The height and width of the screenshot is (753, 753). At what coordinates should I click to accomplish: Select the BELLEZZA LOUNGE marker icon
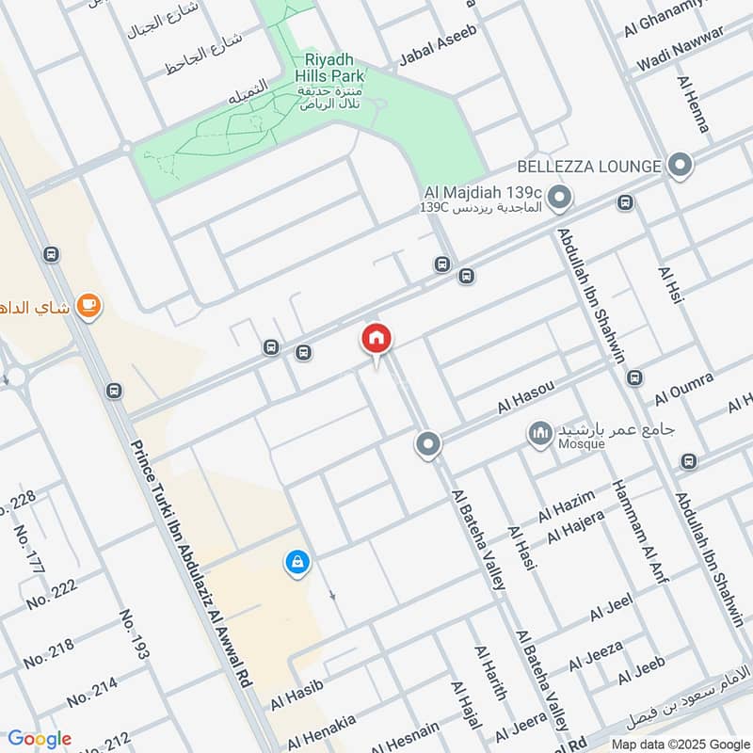(680, 167)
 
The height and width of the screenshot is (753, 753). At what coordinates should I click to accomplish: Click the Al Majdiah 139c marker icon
(560, 198)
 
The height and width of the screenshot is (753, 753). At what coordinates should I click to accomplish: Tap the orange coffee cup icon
(89, 306)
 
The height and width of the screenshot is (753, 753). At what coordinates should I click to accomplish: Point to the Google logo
(40, 739)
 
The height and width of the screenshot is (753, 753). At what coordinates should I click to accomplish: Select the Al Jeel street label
(612, 609)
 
